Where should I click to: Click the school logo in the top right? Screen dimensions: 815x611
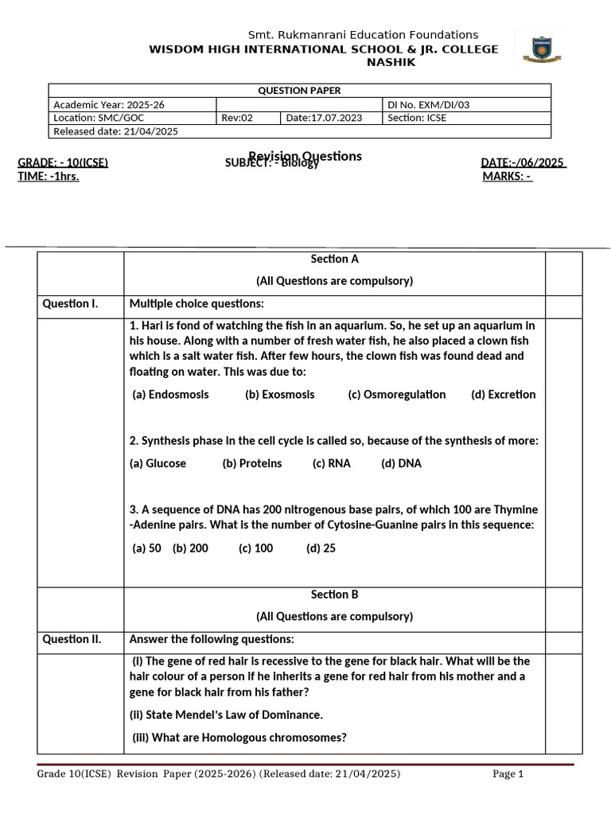click(x=540, y=49)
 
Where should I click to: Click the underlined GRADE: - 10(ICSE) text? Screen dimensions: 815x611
click(x=63, y=163)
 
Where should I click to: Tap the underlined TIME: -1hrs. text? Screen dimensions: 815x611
click(x=49, y=177)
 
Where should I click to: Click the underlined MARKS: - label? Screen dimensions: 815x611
click(x=507, y=177)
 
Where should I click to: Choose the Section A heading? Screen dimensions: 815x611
click(x=334, y=259)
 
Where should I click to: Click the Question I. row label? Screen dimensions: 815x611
click(x=70, y=304)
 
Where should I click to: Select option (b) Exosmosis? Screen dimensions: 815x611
click(x=279, y=395)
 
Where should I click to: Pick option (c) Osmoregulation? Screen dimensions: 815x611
click(x=396, y=395)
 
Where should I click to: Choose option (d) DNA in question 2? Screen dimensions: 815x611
click(x=401, y=463)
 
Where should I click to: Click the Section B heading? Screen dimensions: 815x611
click(x=334, y=595)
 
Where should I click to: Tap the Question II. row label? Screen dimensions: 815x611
click(x=72, y=639)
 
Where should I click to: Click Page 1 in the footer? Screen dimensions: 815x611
click(x=508, y=774)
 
